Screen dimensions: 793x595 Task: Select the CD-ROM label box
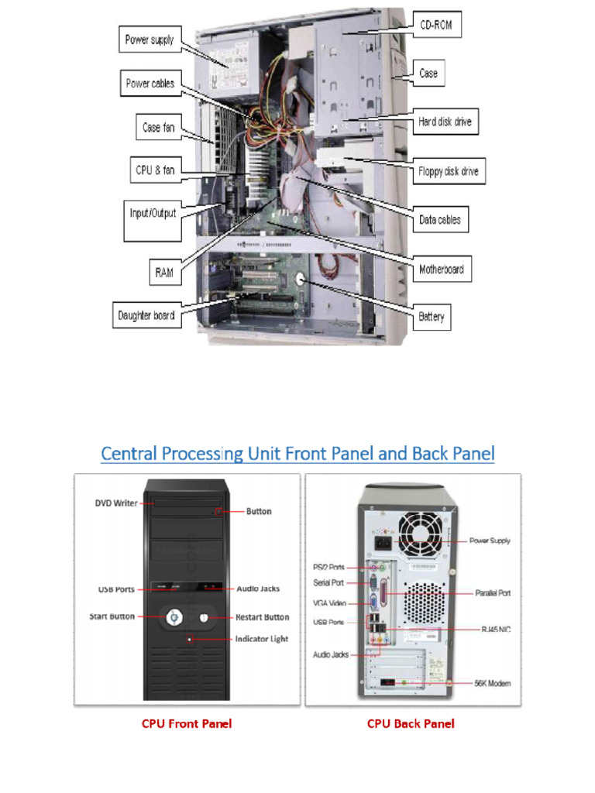[x=435, y=25]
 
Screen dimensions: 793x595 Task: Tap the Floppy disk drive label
[x=448, y=172]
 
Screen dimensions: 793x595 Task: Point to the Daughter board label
[x=146, y=316]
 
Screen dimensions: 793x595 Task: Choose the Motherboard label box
[x=441, y=269]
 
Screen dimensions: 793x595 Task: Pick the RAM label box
[x=163, y=272]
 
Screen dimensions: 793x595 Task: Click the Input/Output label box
[x=153, y=212]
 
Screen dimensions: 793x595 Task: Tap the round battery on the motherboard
[x=303, y=280]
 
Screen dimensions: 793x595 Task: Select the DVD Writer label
[x=116, y=503]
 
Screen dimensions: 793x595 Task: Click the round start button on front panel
[x=174, y=617]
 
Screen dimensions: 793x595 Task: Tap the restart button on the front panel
[x=204, y=617]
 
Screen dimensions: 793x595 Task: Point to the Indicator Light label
[x=262, y=639]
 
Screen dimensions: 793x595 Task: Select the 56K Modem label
[x=492, y=683]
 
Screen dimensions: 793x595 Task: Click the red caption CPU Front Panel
[x=186, y=724]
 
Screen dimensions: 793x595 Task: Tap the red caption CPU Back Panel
[x=411, y=724]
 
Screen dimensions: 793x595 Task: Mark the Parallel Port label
[x=492, y=593]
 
